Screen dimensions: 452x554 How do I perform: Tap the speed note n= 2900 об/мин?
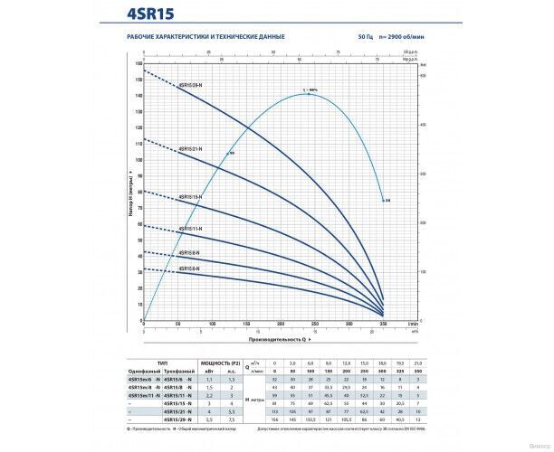point(399,36)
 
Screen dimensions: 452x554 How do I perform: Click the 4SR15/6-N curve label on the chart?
point(188,268)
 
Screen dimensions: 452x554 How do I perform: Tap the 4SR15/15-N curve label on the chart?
point(189,196)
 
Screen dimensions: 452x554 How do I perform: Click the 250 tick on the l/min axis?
point(314,324)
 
